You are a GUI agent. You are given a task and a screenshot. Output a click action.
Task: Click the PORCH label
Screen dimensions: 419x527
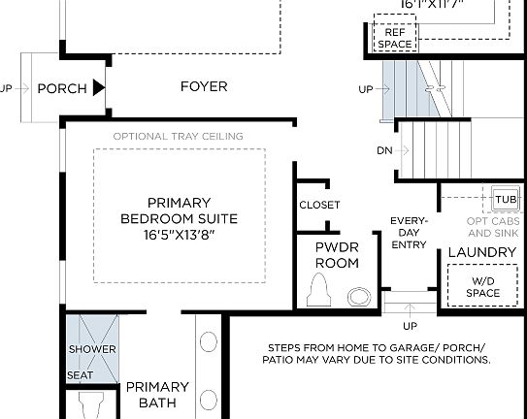pyautogui.click(x=62, y=88)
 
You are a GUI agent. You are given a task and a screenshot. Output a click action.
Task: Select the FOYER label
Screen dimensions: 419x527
pyautogui.click(x=204, y=86)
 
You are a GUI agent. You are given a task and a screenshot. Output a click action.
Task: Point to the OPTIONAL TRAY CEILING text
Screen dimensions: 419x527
pyautogui.click(x=178, y=136)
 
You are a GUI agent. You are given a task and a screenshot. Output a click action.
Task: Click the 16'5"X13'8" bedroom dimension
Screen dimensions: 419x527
pyautogui.click(x=180, y=235)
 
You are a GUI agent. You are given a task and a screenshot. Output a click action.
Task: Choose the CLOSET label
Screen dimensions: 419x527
pyautogui.click(x=319, y=205)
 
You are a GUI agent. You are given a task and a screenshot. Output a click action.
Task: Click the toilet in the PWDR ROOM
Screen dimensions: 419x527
pyautogui.click(x=317, y=289)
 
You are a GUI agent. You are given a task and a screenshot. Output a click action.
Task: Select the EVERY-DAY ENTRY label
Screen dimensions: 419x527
pyautogui.click(x=409, y=234)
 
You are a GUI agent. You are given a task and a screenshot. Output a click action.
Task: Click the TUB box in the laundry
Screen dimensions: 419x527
pyautogui.click(x=506, y=199)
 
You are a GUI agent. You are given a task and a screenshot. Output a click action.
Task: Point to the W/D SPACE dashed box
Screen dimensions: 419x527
pyautogui.click(x=482, y=287)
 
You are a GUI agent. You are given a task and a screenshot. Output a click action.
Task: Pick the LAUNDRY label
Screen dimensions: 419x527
pyautogui.click(x=481, y=252)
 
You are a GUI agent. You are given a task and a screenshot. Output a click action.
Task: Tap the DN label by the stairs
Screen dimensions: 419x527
pyautogui.click(x=384, y=150)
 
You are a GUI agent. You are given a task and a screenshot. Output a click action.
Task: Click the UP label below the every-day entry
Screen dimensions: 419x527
pyautogui.click(x=410, y=325)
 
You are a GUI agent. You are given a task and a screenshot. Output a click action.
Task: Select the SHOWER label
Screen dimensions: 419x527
pyautogui.click(x=92, y=349)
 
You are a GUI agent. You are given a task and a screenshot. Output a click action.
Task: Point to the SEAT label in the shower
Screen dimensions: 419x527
pyautogui.click(x=80, y=374)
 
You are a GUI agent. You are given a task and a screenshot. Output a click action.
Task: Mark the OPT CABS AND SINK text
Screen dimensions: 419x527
pyautogui.click(x=493, y=227)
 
